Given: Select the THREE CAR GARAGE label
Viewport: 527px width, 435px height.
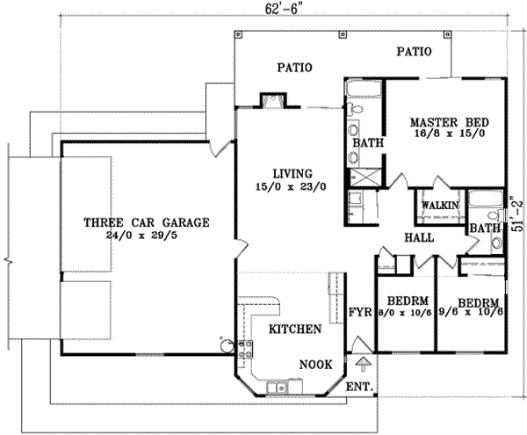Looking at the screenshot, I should [145, 222].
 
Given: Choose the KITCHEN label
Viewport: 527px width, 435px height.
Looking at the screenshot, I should [292, 330].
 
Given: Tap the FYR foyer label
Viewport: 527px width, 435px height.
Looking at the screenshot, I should [360, 312].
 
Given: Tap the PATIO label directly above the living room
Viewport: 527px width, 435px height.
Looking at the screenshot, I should [295, 67].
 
